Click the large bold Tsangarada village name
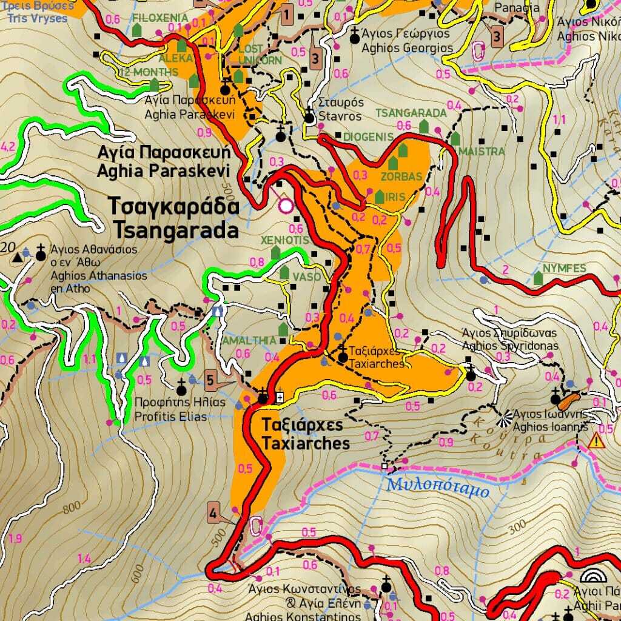click(x=173, y=218)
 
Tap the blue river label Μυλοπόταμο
click(x=437, y=486)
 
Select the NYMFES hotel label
click(x=564, y=268)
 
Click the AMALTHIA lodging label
click(x=249, y=341)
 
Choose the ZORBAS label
click(x=401, y=177)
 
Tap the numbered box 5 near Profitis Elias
click(x=210, y=380)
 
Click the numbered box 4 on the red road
click(x=213, y=512)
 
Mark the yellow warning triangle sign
click(x=596, y=441)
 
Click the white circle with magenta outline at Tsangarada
click(x=286, y=206)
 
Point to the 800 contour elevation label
click(x=71, y=507)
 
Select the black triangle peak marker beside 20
click(x=17, y=257)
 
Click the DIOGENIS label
click(x=368, y=137)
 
